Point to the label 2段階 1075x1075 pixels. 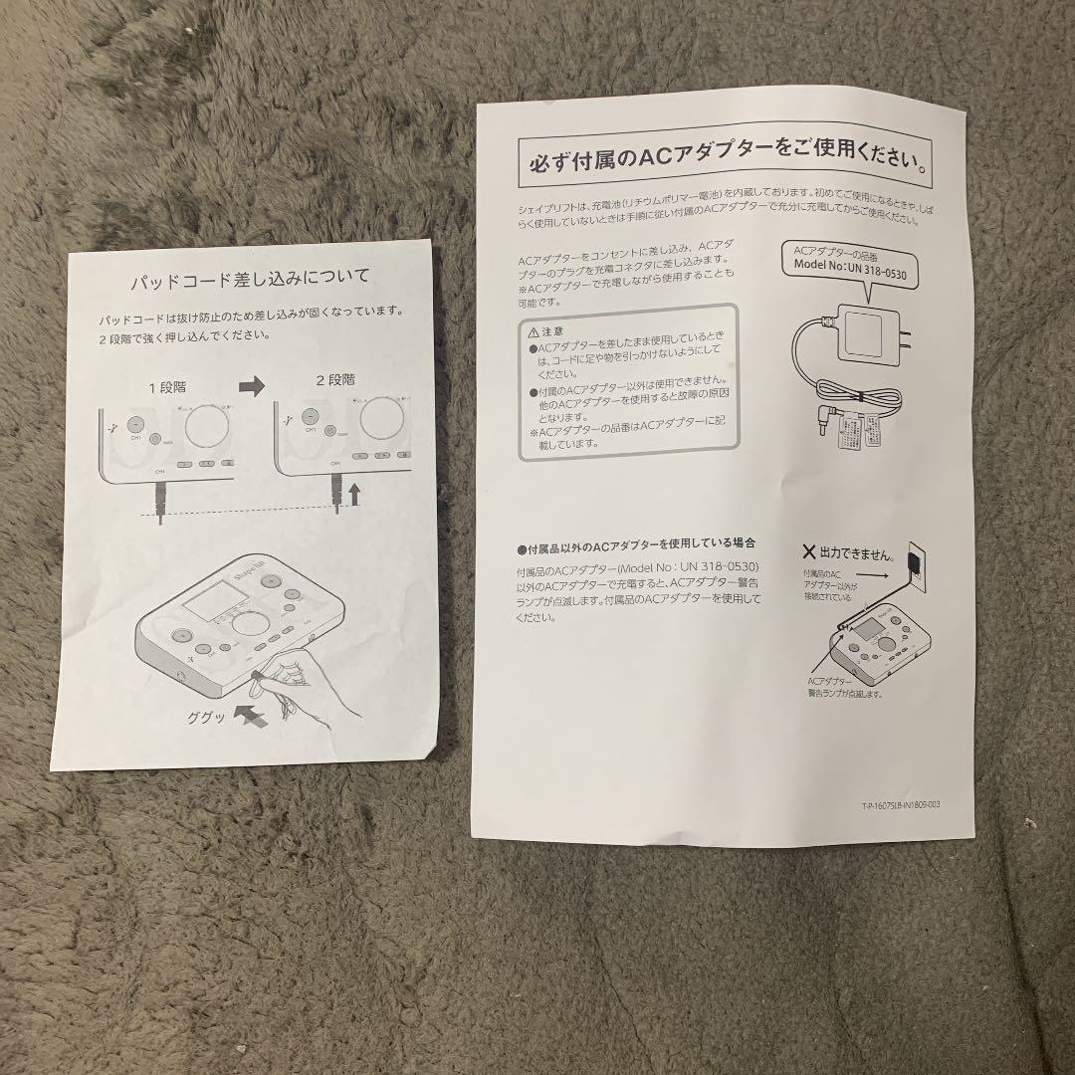pyautogui.click(x=335, y=379)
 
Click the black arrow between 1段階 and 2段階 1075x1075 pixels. pyautogui.click(x=253, y=386)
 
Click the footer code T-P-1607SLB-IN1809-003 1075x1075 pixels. pyautogui.click(x=899, y=807)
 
